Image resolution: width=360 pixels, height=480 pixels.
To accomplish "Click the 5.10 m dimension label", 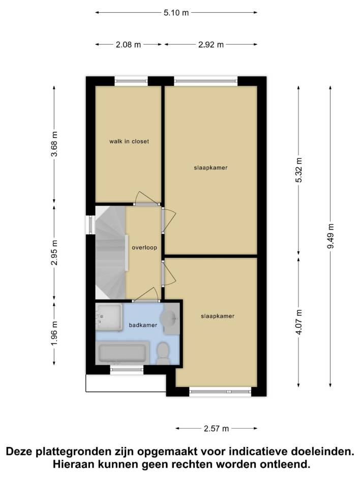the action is click(176, 13).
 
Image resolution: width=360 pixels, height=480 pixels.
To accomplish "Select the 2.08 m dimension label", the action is click(128, 45).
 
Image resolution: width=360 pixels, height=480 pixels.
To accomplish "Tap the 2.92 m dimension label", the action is click(211, 45).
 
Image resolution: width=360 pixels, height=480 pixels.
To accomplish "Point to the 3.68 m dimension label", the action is click(54, 144).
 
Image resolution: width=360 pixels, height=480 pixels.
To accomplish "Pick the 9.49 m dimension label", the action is click(331, 236).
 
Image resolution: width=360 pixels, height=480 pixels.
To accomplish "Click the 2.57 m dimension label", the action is click(217, 429).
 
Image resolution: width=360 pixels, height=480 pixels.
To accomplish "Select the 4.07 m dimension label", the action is click(299, 322).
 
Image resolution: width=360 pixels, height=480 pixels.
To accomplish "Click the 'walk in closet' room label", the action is click(129, 141).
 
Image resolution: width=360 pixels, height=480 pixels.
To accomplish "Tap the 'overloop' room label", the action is click(144, 248).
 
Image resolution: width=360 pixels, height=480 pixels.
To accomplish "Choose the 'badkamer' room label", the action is click(143, 325).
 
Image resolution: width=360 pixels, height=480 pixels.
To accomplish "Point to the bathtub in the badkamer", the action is click(122, 354).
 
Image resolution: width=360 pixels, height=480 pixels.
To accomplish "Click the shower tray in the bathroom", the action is click(109, 317).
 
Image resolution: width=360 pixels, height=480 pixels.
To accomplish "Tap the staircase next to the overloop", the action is click(110, 253).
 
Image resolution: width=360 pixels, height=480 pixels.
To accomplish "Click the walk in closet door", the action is click(147, 199).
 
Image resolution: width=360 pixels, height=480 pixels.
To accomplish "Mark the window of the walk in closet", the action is click(131, 81).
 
